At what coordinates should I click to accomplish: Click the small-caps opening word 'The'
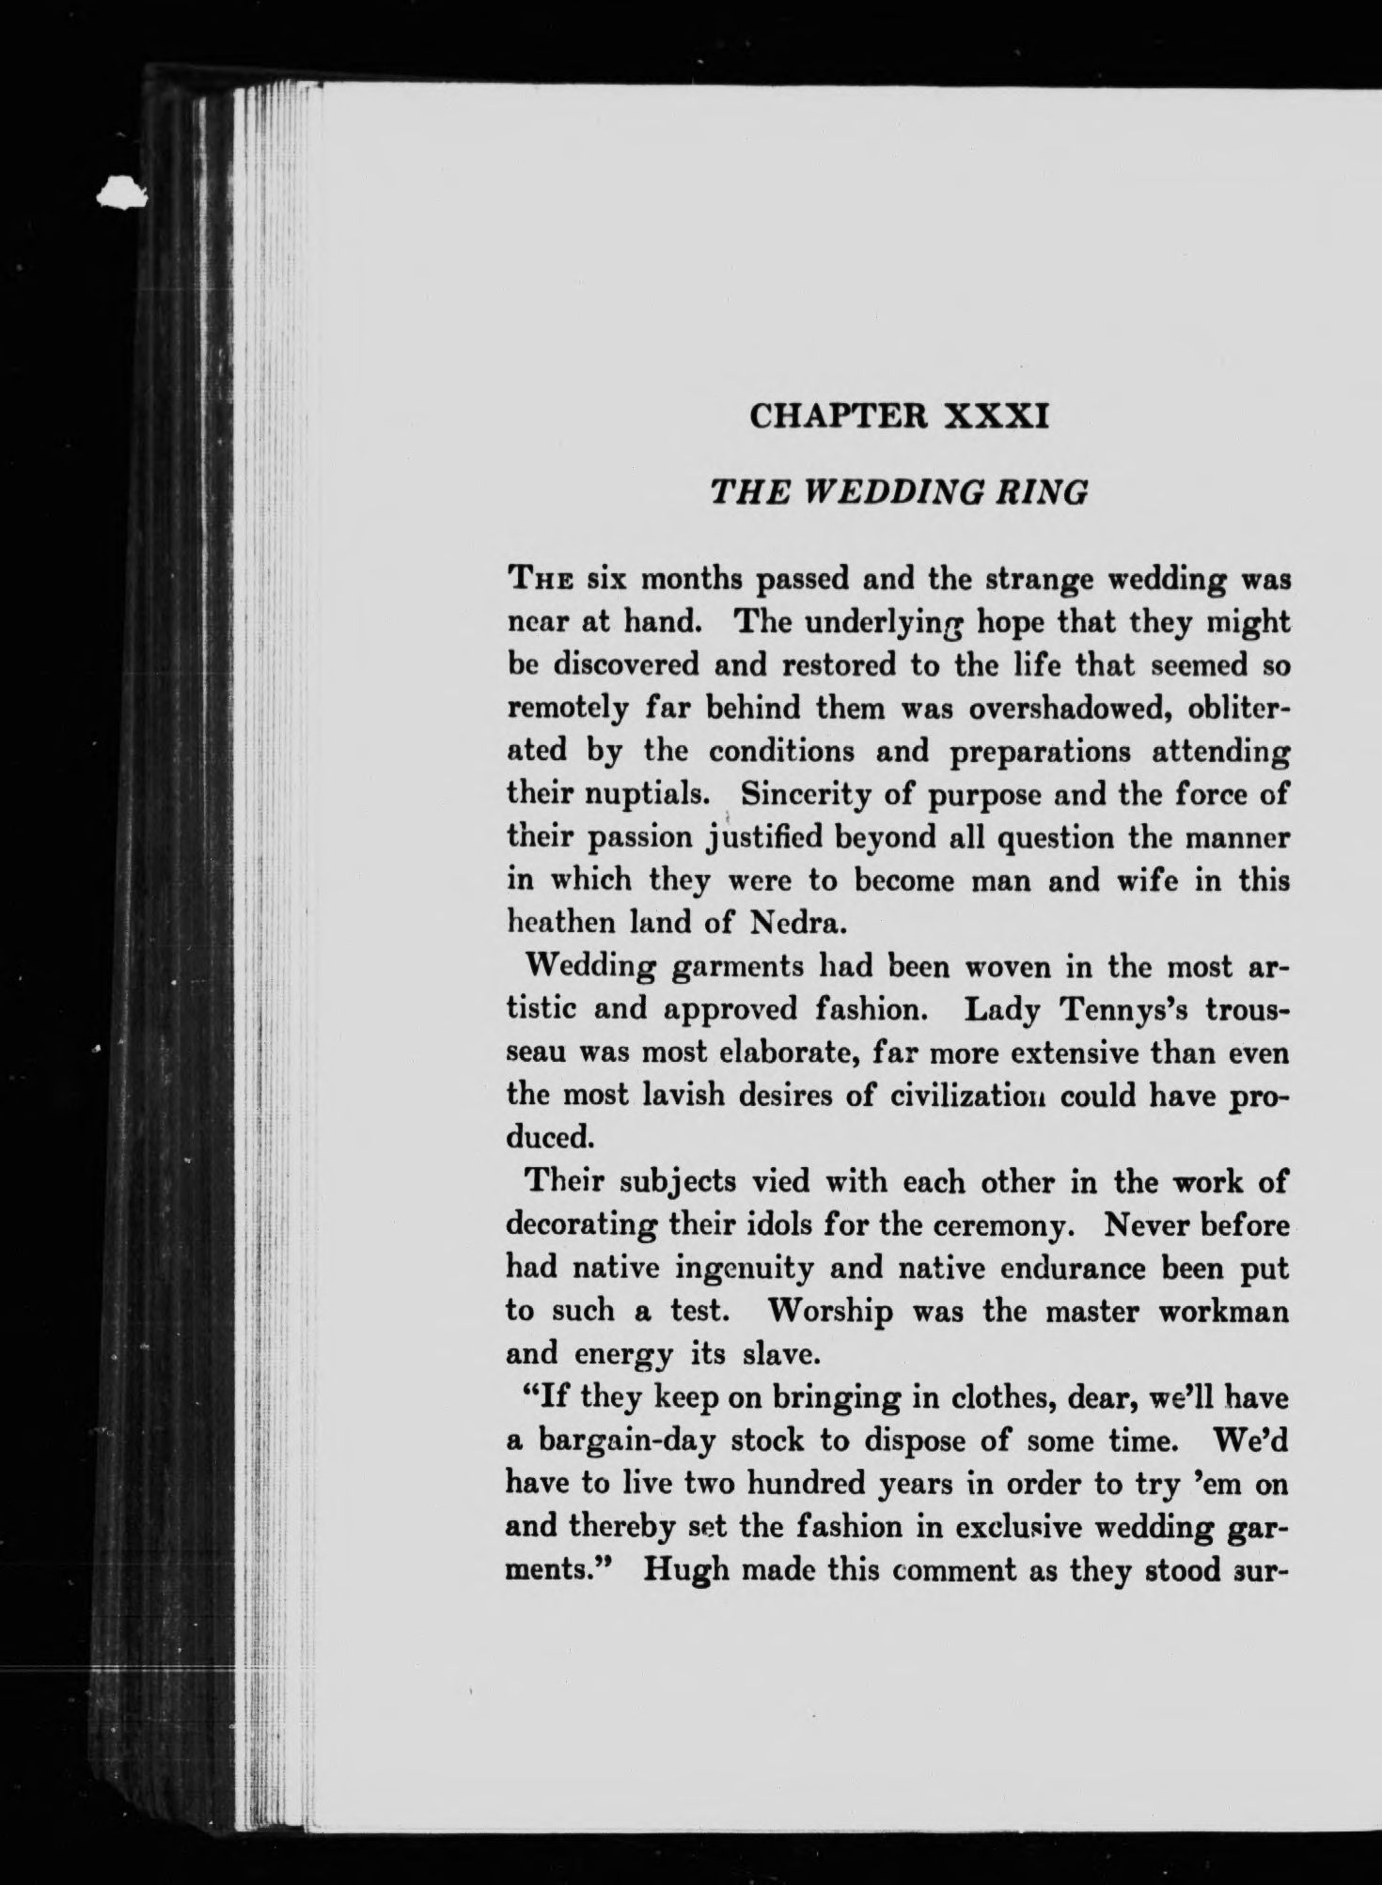(x=540, y=580)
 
